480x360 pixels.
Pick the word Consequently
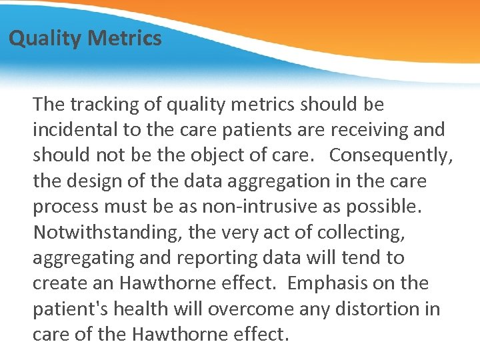pyautogui.click(x=391, y=155)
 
